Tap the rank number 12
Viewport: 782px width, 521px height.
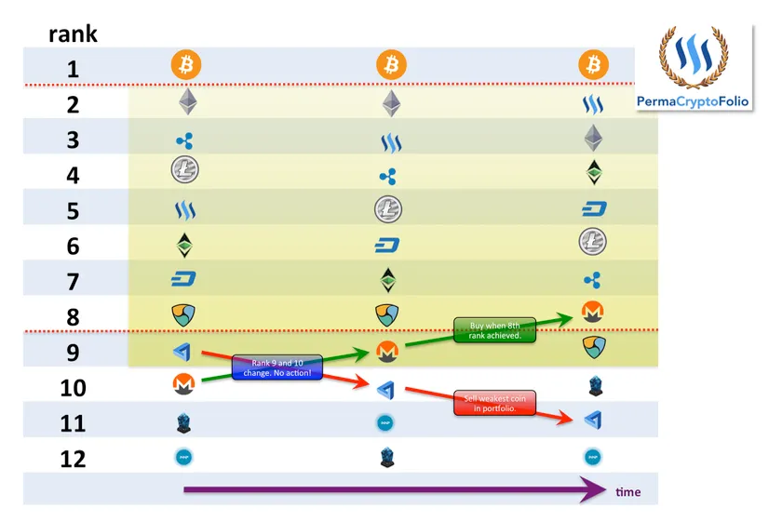click(x=72, y=458)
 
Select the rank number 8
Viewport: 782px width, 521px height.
click(x=72, y=315)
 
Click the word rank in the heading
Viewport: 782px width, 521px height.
click(x=73, y=35)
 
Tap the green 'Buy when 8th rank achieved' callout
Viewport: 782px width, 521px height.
click(x=494, y=329)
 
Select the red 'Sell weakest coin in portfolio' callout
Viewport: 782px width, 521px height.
click(x=495, y=403)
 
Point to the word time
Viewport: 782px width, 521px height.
click(x=628, y=491)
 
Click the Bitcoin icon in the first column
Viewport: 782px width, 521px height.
click(x=186, y=66)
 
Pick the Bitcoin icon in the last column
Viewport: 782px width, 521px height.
click(x=593, y=65)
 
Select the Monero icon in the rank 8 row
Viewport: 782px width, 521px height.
click(x=593, y=314)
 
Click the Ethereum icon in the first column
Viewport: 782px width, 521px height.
click(x=187, y=102)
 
